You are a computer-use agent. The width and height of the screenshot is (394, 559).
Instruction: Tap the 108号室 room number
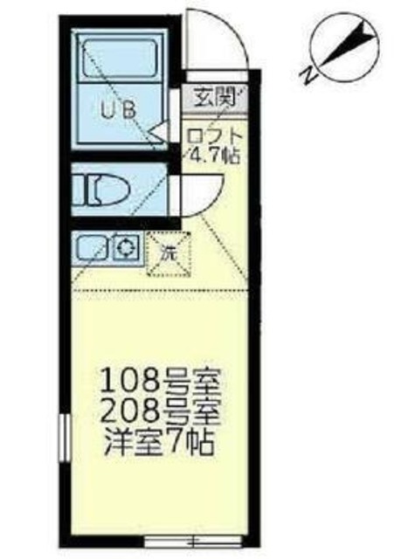pos(162,382)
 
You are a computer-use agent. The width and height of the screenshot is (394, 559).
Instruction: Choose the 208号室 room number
pos(162,407)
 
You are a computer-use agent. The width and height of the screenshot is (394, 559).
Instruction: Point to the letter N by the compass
pos(308,75)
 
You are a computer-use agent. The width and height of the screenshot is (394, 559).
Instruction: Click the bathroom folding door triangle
pos(158,133)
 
